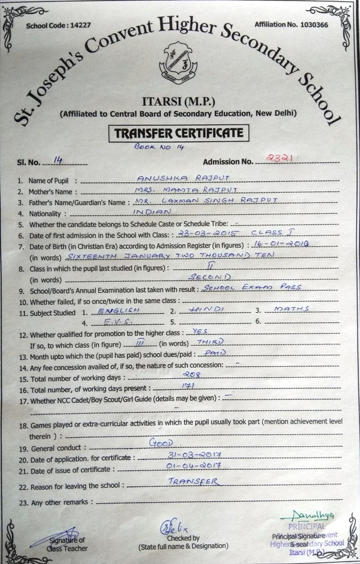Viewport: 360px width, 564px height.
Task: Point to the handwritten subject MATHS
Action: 289,309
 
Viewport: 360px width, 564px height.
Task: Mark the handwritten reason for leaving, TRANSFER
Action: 194,482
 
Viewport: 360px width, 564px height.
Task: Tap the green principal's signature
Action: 308,515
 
